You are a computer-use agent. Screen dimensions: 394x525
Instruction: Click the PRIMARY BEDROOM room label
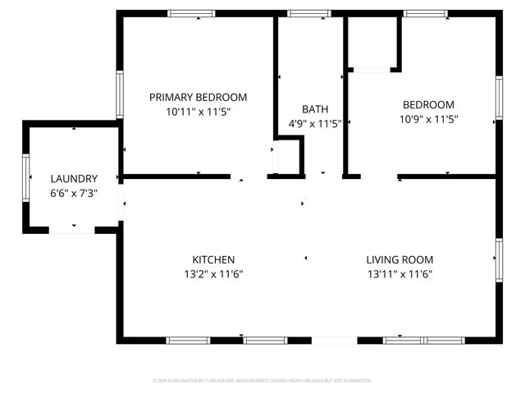(x=198, y=97)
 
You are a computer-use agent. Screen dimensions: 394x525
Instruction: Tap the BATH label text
(x=314, y=109)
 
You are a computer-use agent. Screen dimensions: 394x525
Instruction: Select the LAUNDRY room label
(x=74, y=179)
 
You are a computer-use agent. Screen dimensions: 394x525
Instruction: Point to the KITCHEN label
(x=214, y=259)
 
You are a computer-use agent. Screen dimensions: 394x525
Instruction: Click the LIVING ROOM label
(x=399, y=259)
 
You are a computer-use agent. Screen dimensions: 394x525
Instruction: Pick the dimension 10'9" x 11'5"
(x=427, y=119)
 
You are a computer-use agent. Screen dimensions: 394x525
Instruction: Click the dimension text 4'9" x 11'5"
(x=314, y=124)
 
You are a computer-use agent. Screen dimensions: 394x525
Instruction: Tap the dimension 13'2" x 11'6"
(x=214, y=274)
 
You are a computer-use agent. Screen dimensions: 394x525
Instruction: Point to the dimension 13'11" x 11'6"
(x=399, y=274)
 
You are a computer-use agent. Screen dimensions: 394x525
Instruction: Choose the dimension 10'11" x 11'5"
(x=198, y=112)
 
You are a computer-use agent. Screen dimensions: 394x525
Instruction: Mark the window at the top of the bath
(x=308, y=13)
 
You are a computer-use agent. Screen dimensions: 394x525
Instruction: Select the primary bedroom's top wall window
(x=191, y=13)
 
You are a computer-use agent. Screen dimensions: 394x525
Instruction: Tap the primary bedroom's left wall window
(x=120, y=94)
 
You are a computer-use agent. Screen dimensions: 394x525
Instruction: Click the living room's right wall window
(x=498, y=260)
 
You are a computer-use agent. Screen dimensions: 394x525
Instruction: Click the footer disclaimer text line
(x=262, y=381)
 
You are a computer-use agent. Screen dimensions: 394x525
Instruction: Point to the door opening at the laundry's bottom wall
(x=72, y=231)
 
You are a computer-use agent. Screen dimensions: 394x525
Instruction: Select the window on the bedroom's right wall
(x=498, y=98)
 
